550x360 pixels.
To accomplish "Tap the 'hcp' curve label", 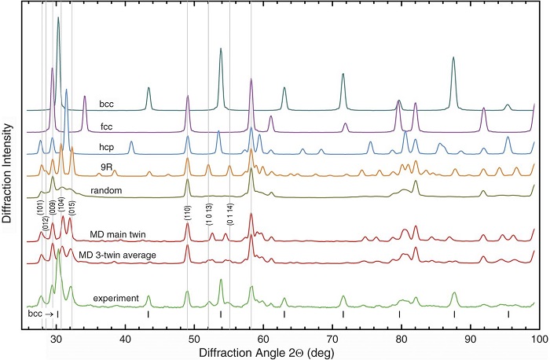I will pyautogui.click(x=108, y=147).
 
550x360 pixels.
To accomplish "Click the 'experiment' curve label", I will pyautogui.click(x=116, y=299).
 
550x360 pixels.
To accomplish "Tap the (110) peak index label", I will pyautogui.click(x=188, y=212).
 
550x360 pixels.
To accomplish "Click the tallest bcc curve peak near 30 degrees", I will pyautogui.click(x=58, y=19).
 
